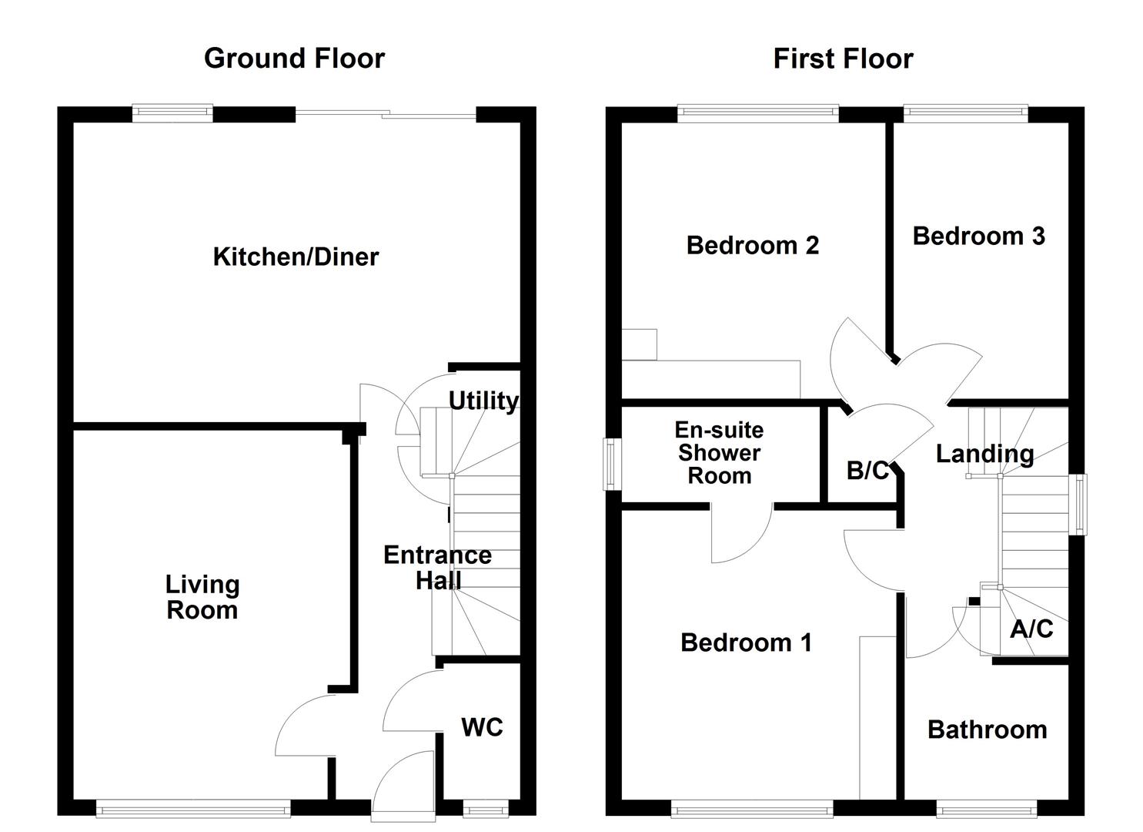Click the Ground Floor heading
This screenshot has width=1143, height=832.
[294, 59]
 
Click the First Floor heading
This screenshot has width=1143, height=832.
[843, 59]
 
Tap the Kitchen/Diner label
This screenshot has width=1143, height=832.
[296, 257]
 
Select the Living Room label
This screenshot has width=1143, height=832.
[202, 597]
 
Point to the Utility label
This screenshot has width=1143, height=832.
[483, 401]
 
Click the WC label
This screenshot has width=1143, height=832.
[482, 726]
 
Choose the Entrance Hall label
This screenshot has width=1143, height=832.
[437, 567]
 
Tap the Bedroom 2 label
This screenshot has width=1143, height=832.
[752, 245]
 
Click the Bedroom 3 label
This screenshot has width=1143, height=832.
[978, 236]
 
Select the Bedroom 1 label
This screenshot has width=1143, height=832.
[746, 642]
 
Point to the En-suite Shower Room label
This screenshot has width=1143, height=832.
[719, 452]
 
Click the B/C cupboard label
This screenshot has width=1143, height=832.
[867, 470]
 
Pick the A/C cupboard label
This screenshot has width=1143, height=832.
[1031, 629]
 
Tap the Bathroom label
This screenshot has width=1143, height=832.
[987, 729]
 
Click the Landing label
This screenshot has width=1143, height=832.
[984, 454]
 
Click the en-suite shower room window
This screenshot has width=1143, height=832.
[612, 464]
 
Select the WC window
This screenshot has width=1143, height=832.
[486, 808]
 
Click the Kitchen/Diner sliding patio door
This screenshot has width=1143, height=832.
[386, 115]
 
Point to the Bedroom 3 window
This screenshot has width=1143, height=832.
[965, 114]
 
